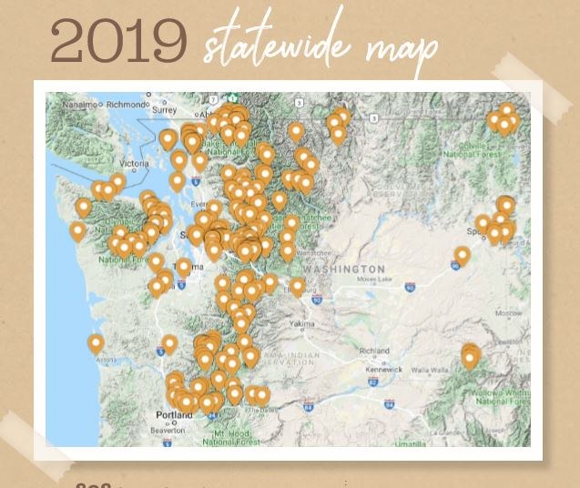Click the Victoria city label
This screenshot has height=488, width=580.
pyautogui.click(x=133, y=164)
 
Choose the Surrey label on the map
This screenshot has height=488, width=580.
pyautogui.click(x=165, y=110)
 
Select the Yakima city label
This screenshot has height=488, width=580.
pyautogui.click(x=302, y=323)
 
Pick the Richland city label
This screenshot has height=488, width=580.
pyautogui.click(x=374, y=351)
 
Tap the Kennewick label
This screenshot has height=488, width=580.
pyautogui.click(x=382, y=370)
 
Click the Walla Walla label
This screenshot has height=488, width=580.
pyautogui.click(x=432, y=370)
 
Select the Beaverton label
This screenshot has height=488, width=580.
pyautogui.click(x=168, y=429)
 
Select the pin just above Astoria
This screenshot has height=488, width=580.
pyautogui.click(x=96, y=343)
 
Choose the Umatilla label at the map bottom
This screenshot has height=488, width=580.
pyautogui.click(x=409, y=443)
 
